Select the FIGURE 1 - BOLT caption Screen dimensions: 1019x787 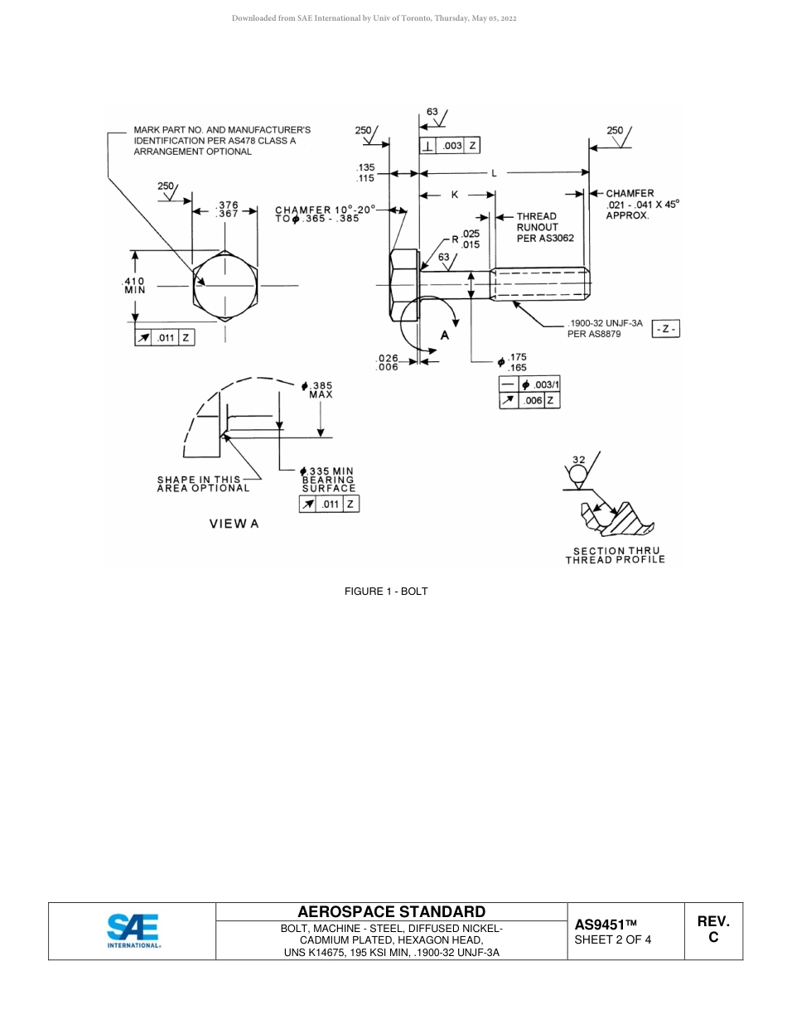click(x=386, y=592)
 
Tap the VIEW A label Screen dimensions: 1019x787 click(x=234, y=524)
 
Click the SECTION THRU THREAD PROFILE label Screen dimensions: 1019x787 click(x=615, y=556)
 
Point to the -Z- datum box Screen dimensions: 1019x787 click(x=666, y=329)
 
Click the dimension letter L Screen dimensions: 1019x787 click(x=495, y=173)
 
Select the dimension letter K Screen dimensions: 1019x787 click(x=455, y=195)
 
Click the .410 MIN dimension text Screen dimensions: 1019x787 click(x=134, y=286)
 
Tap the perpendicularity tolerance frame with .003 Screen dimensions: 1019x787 click(x=449, y=146)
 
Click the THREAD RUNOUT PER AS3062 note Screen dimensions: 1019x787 click(x=544, y=227)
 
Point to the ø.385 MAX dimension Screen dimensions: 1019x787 click(x=318, y=390)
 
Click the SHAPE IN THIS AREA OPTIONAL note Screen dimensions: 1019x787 click(x=203, y=484)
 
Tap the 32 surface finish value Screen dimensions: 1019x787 click(x=577, y=460)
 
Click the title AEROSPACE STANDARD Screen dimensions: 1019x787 click(x=391, y=912)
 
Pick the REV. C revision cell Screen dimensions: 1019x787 click(x=712, y=930)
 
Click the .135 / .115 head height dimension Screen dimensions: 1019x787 click(x=365, y=172)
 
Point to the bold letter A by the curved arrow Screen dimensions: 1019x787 click(x=445, y=336)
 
